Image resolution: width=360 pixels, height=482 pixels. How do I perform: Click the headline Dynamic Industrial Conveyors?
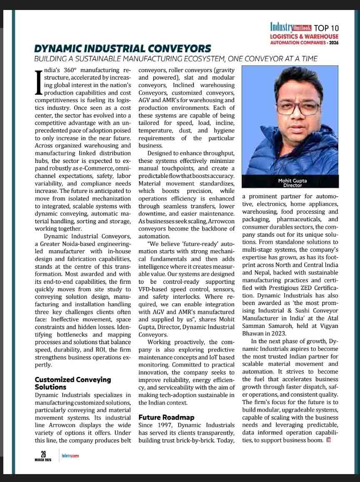pyautogui.click(x=122, y=49)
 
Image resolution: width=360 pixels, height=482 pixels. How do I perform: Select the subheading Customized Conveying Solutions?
pyautogui.click(x=72, y=383)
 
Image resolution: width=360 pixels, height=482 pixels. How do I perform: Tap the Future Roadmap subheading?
pyautogui.click(x=166, y=417)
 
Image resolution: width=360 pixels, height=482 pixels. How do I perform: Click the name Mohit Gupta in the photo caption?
pyautogui.click(x=292, y=181)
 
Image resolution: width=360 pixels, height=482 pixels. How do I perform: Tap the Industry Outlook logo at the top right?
pyautogui.click(x=290, y=28)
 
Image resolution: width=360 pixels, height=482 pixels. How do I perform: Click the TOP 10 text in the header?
pyautogui.click(x=326, y=28)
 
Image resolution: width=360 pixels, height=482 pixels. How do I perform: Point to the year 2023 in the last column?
pyautogui.click(x=278, y=333)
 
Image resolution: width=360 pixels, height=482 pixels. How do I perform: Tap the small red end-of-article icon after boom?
pyautogui.click(x=329, y=440)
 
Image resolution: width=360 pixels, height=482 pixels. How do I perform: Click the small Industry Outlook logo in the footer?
pyautogui.click(x=70, y=456)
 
